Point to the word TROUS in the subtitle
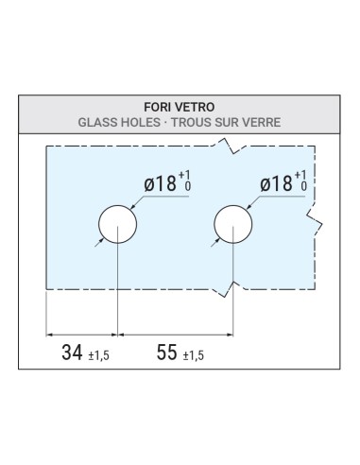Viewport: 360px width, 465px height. (x=198, y=123)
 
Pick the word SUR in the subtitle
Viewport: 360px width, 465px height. (x=232, y=123)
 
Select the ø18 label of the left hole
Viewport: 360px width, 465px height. (x=162, y=183)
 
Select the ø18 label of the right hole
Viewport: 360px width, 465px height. (x=276, y=182)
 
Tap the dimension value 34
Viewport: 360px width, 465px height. (x=71, y=353)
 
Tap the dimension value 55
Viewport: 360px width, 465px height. (x=166, y=353)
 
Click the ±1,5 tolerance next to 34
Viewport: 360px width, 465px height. (x=97, y=356)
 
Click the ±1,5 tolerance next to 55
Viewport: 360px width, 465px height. (x=192, y=356)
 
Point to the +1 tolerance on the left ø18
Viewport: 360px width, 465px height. (x=186, y=176)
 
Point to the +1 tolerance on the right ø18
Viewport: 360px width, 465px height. (x=301, y=175)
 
